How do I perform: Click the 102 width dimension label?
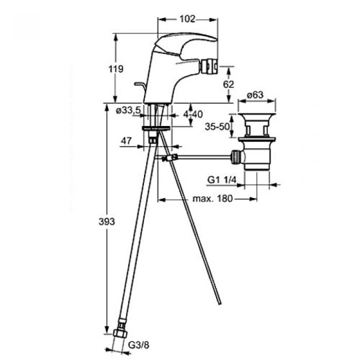coord(187,19)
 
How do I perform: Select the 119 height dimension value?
coord(116,68)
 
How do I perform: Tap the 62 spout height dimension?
coord(228,84)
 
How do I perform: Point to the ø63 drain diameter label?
coord(255,95)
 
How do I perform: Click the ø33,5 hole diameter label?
coord(128,111)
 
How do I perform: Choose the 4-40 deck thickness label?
coord(193,114)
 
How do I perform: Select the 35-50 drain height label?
coord(217,127)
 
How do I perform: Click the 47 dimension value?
coord(127,140)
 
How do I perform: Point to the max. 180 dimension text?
coord(212,199)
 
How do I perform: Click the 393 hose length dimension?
coord(107,222)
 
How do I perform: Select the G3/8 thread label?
coord(138,345)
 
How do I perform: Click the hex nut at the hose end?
coord(120,333)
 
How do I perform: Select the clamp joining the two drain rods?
coord(170,158)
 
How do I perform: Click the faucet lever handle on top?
coord(188,45)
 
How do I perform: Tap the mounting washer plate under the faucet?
coord(156,128)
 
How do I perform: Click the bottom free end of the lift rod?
coord(221,304)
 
